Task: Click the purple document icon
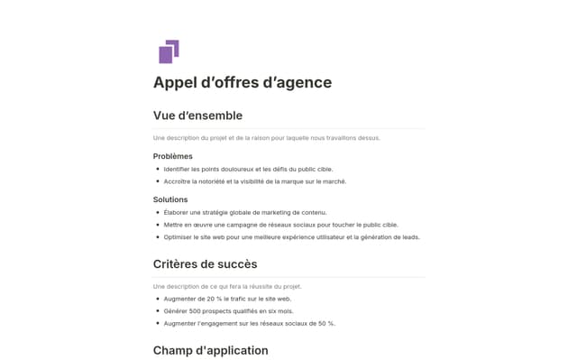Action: (169, 52)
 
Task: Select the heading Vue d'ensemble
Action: (197, 115)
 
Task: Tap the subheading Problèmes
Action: (172, 156)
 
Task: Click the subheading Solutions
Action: (170, 199)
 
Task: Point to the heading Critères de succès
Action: (205, 264)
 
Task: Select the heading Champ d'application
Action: (210, 350)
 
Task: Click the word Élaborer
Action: (179, 212)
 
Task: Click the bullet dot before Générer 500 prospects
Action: (158, 310)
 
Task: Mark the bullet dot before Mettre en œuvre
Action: (158, 225)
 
